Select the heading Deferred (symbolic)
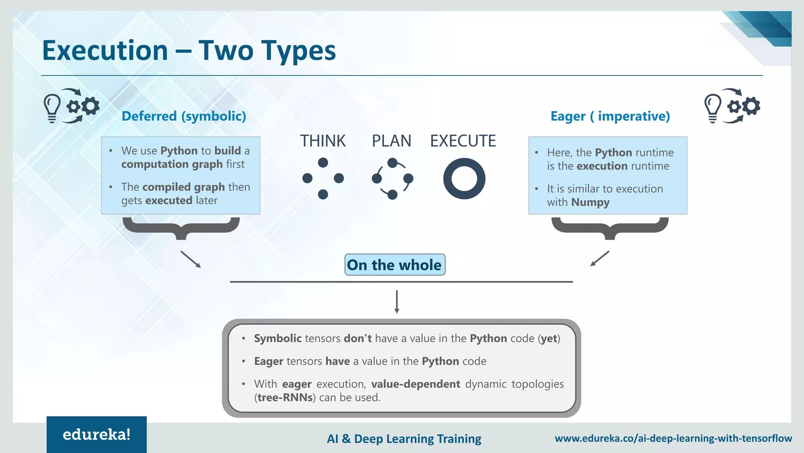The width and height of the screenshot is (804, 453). click(x=184, y=116)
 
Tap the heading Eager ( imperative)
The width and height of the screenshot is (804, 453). click(x=610, y=116)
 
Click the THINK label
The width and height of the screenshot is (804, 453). click(x=323, y=141)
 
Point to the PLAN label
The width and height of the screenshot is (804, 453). click(x=391, y=141)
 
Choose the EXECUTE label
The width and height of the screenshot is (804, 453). click(x=463, y=141)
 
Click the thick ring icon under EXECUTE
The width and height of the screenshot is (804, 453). click(x=464, y=179)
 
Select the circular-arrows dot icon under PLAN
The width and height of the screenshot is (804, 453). click(x=392, y=179)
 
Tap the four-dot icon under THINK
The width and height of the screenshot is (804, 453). click(x=323, y=179)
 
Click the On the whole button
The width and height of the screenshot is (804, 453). click(x=395, y=265)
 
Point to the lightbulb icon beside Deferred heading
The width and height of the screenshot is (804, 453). click(x=52, y=108)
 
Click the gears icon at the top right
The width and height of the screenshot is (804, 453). click(x=744, y=106)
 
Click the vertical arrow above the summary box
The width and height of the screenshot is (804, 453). click(x=397, y=302)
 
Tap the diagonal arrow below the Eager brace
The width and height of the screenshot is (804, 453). click(x=599, y=258)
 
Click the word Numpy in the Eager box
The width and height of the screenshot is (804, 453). click(x=590, y=203)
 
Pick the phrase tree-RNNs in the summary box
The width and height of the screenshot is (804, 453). click(x=285, y=398)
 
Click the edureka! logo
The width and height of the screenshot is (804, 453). click(x=97, y=435)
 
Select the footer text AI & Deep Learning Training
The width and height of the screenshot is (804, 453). click(x=404, y=438)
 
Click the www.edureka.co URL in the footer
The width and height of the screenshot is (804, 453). click(x=673, y=438)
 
